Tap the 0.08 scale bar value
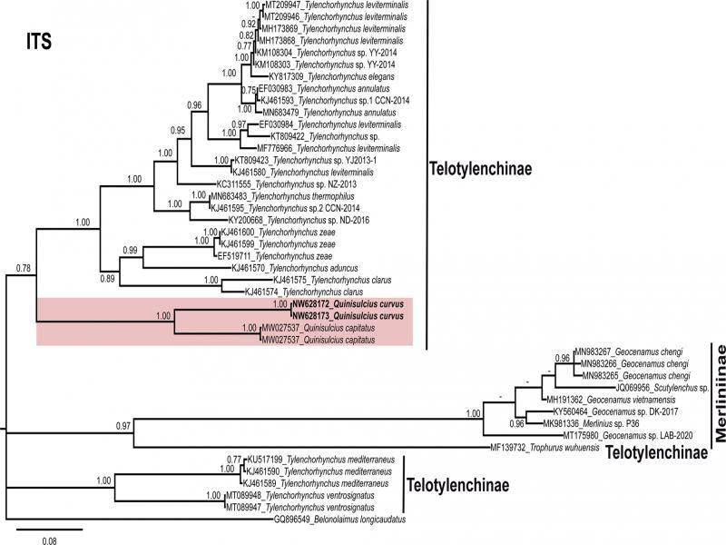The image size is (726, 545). pyautogui.click(x=50, y=539)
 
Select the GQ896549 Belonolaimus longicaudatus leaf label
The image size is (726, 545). pyautogui.click(x=341, y=520)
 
